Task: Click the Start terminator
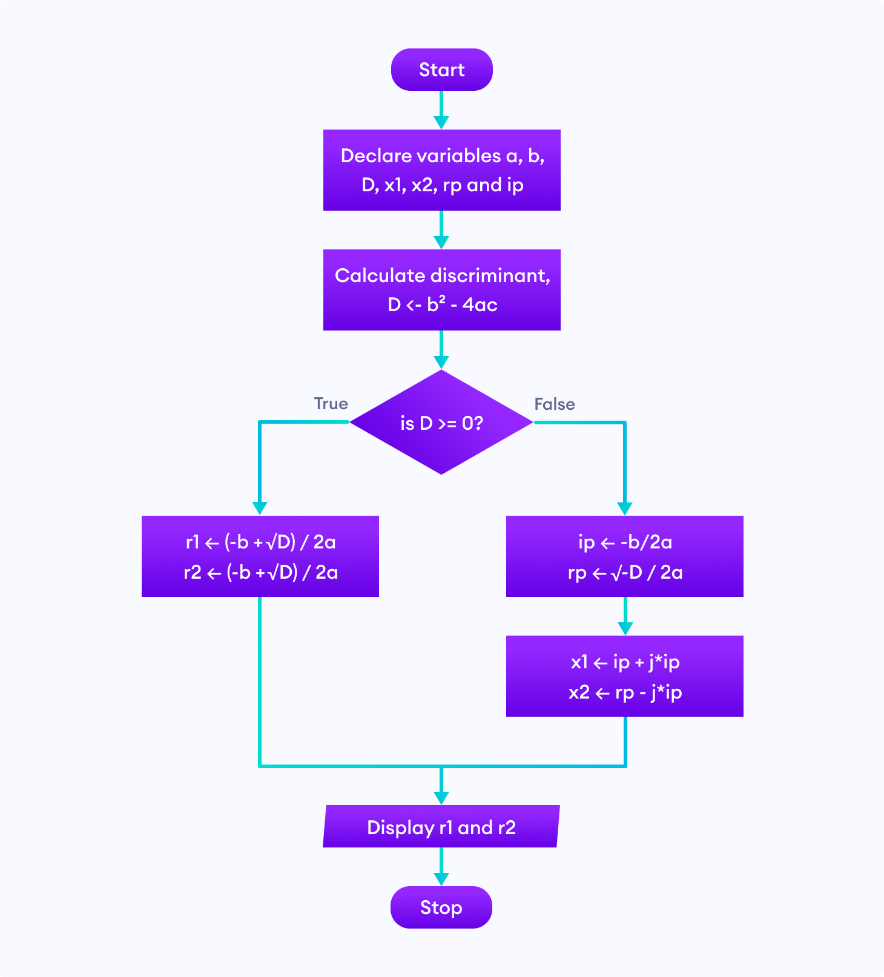pos(441,70)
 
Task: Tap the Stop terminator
pos(441,907)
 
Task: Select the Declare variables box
pos(441,170)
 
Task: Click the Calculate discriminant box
pos(441,290)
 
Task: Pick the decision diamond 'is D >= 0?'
pos(441,423)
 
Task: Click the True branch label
pos(331,404)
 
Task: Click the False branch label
pos(554,404)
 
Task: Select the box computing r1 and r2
pos(260,556)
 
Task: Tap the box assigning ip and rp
pos(624,556)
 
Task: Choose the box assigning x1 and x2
pos(624,676)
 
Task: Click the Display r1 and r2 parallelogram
pos(441,826)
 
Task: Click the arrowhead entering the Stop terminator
pos(441,879)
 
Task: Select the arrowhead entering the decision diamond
pos(441,362)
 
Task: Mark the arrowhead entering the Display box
pos(441,797)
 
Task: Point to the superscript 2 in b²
pos(442,299)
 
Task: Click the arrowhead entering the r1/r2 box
pos(260,508)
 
